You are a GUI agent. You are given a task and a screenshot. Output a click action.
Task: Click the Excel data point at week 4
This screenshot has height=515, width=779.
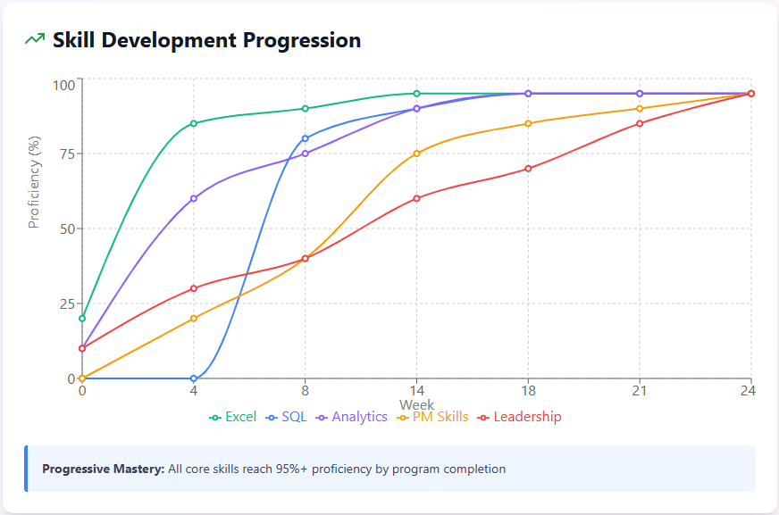pos(194,123)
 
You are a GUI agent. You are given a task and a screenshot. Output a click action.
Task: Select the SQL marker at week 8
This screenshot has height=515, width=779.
pos(306,138)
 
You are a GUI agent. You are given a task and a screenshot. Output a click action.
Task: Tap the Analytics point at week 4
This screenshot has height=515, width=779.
pos(194,198)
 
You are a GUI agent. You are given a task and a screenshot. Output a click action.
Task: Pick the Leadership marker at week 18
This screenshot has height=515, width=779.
pos(528,169)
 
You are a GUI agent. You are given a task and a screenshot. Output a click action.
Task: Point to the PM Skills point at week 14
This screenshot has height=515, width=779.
pos(416,154)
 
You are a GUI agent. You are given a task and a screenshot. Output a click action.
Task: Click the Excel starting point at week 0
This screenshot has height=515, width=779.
pos(82,319)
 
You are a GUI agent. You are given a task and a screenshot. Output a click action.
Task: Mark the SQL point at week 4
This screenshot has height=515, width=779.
pos(194,378)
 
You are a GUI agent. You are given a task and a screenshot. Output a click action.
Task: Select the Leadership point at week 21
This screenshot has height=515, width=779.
pos(640,123)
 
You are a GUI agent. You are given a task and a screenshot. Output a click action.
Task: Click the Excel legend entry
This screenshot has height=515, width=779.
pos(233,417)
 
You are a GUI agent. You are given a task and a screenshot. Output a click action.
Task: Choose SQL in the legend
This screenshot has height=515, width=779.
pos(287,417)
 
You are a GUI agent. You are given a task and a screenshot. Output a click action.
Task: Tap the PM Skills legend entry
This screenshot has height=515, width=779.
pos(432,417)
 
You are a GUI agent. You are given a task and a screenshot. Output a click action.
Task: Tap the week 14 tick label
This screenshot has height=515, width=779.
pos(416,391)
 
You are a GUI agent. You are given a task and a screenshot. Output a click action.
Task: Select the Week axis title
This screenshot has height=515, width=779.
pos(416,404)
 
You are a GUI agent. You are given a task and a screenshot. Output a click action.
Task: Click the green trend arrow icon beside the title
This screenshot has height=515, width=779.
pos(35,40)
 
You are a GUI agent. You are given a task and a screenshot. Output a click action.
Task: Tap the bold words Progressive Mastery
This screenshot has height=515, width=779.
pos(103,469)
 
